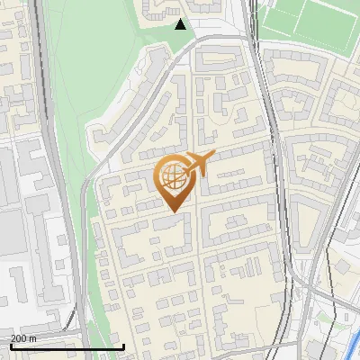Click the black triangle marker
pos(181,24)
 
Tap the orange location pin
pos(175,181)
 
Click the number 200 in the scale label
pos(19,338)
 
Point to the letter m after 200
pos(32,338)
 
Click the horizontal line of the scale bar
pos(67,346)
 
